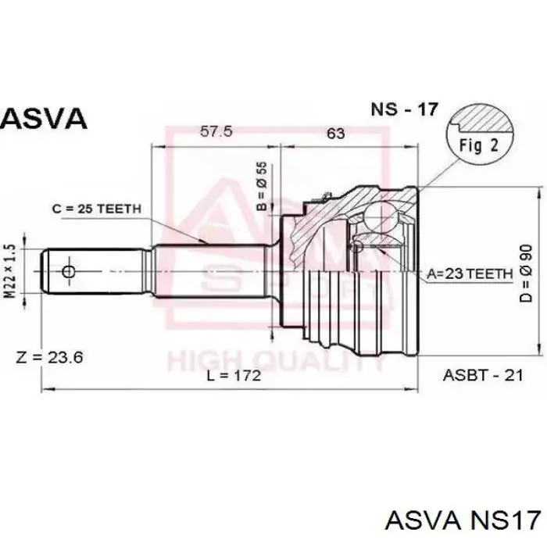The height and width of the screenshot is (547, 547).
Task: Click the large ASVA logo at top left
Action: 43,118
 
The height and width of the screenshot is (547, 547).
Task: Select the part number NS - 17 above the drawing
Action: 404,109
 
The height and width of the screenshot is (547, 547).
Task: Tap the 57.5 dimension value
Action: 216,131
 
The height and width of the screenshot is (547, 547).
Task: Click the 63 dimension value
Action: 335,134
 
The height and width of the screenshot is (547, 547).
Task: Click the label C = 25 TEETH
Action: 97,209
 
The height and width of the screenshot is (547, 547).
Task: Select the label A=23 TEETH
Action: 470,273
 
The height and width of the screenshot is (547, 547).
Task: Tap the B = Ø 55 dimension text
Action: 262,187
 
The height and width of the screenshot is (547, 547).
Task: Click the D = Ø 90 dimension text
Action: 526,273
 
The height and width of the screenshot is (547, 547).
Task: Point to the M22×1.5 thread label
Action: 11,271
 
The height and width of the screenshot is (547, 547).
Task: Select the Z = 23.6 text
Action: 49,357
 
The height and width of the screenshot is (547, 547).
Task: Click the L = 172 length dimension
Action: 234,376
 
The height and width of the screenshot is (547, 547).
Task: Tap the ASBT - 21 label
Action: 483,375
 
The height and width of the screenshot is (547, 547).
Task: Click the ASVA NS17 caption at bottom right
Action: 463,521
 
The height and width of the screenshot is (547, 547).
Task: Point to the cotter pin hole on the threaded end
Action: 69,271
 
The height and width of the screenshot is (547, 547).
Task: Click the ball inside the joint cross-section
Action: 381,218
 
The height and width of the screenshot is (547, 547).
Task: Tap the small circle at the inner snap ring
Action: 357,247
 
